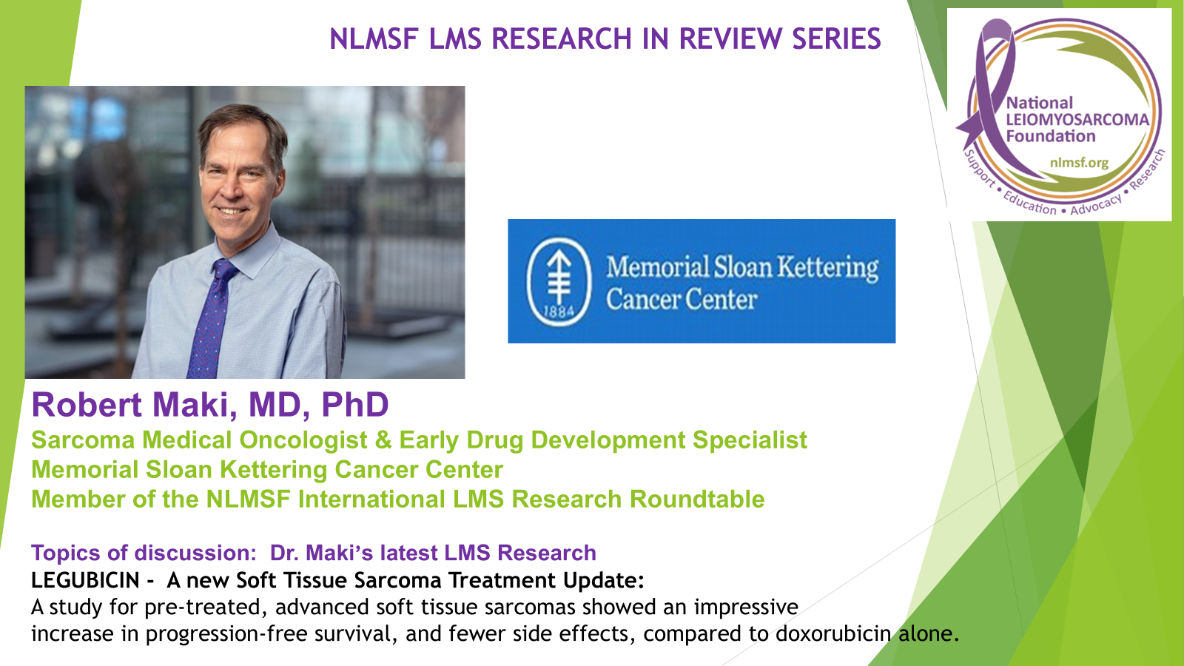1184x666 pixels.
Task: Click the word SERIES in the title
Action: pyautogui.click(x=836, y=39)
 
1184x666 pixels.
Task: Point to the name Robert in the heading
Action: pyautogui.click(x=87, y=405)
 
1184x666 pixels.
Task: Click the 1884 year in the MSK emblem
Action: pyautogui.click(x=559, y=312)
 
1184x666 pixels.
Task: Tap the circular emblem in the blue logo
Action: pyautogui.click(x=559, y=281)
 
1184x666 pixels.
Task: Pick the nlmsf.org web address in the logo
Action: pyautogui.click(x=1079, y=162)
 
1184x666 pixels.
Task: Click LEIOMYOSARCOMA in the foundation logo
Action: pyautogui.click(x=1077, y=120)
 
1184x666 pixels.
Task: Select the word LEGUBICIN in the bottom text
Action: pyautogui.click(x=85, y=580)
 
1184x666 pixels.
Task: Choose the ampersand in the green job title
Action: pyautogui.click(x=383, y=440)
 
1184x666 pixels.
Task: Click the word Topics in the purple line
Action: pyautogui.click(x=65, y=553)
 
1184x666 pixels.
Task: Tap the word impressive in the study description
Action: pyautogui.click(x=746, y=608)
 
